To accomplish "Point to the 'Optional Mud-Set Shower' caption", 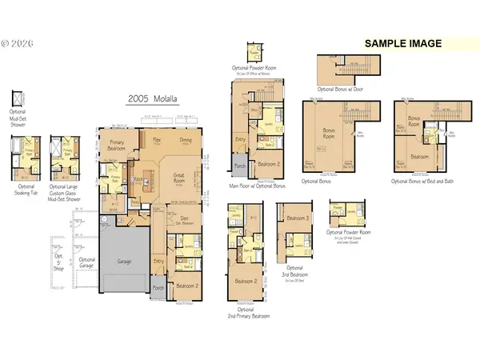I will click(x=18, y=116).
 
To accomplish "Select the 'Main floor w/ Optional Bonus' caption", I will click(x=258, y=186).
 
